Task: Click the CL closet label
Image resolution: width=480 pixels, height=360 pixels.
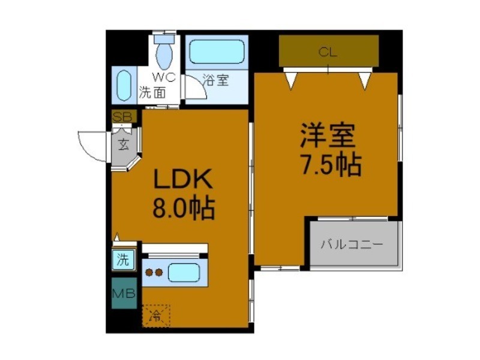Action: pos(328,52)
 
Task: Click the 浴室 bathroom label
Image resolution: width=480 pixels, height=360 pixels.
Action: pos(216,80)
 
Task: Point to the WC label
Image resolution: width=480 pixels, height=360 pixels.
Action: pos(163,77)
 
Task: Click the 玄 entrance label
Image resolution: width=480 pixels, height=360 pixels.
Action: pos(123,144)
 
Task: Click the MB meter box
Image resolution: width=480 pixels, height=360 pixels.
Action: pos(124,294)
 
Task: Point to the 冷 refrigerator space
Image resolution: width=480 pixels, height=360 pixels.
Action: pos(156,315)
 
